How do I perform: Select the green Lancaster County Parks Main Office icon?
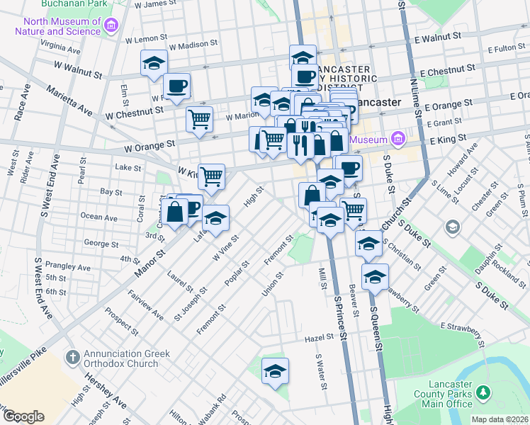point(483,392)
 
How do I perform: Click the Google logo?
point(23,416)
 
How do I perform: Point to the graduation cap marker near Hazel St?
point(275,370)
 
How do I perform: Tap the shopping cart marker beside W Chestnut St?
point(199,118)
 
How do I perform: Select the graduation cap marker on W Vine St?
point(215,218)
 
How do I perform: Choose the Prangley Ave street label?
point(69,268)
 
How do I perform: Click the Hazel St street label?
point(318,339)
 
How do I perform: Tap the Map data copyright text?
point(500,419)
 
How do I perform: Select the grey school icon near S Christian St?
point(451,227)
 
